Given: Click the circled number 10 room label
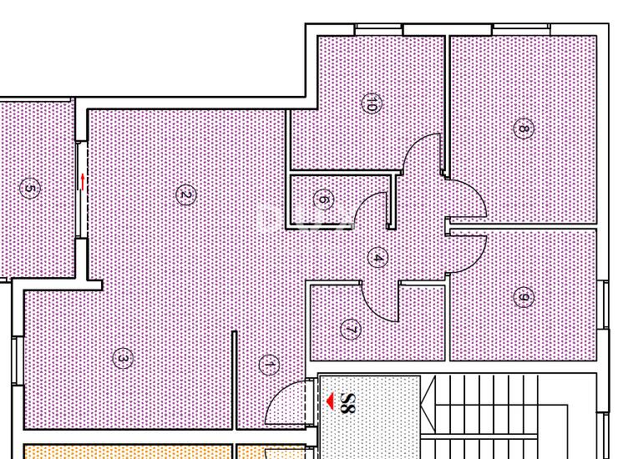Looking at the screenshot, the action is click(x=372, y=103).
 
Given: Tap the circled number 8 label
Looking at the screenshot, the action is click(x=524, y=129).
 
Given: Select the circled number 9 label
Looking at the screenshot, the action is click(x=524, y=297).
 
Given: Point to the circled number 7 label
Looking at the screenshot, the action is click(x=351, y=330).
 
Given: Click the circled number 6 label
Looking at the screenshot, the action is click(x=323, y=199).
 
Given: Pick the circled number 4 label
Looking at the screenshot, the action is click(x=377, y=258).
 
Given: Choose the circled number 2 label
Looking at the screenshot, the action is click(x=185, y=195).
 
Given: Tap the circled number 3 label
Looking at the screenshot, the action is click(x=123, y=359).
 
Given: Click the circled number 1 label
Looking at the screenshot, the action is click(x=269, y=365).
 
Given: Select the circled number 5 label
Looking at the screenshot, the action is click(x=29, y=188).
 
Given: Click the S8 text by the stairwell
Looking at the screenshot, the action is click(x=347, y=402).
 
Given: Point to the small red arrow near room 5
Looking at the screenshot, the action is click(x=83, y=182).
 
